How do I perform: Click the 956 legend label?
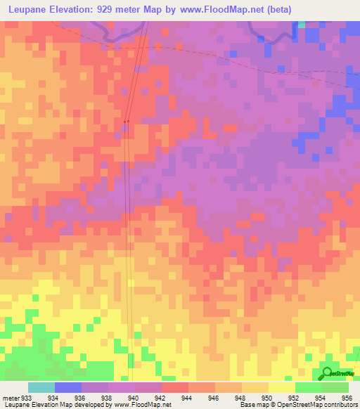(346, 397)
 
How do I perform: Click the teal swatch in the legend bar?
(41, 387)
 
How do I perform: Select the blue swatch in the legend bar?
(68, 387)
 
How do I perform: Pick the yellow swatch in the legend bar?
(281, 387)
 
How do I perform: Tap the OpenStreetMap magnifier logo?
(326, 373)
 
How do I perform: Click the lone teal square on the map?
(302, 24)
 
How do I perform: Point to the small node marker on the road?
(126, 122)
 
